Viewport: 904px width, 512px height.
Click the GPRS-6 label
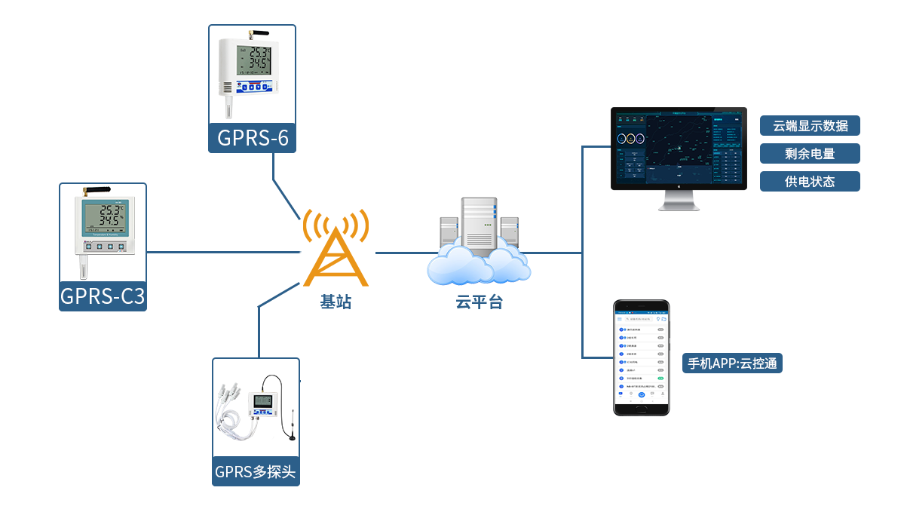point(252,138)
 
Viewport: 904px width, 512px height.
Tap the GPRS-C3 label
point(103,296)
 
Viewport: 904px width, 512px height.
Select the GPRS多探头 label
point(256,472)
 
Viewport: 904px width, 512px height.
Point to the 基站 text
point(336,302)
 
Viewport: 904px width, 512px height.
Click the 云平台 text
point(479,302)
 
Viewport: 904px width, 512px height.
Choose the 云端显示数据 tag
point(810,126)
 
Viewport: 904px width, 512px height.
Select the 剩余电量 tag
point(810,154)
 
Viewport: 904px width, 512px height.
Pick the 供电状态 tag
point(810,182)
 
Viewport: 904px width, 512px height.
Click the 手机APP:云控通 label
point(732,363)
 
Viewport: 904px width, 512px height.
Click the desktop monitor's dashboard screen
point(678,148)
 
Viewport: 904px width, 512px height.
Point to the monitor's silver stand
point(679,201)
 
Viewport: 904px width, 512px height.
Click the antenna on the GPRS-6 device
point(259,34)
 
